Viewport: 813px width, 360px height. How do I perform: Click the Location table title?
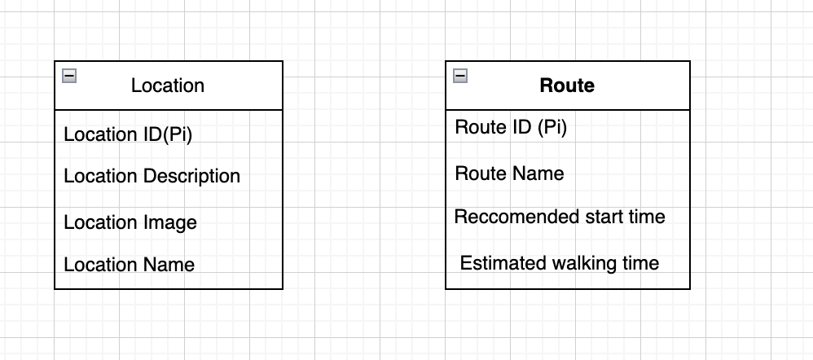coord(168,86)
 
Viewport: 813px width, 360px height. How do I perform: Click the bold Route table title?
coord(567,86)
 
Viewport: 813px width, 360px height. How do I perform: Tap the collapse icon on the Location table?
coord(70,76)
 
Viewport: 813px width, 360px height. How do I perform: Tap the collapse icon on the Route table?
coord(461,76)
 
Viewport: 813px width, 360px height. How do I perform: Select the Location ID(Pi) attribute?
coord(128,134)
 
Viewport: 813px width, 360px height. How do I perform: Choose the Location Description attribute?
coord(152,176)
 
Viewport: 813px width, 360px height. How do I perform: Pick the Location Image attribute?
coord(130,222)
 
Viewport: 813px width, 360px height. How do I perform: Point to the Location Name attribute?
coord(129,265)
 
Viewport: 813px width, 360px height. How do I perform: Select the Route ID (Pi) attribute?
coord(511,127)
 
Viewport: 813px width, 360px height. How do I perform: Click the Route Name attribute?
coord(509,173)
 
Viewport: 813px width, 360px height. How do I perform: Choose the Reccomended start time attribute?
coord(560,217)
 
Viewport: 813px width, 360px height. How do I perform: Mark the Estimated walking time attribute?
coord(560,263)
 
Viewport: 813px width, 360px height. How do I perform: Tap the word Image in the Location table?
coord(170,222)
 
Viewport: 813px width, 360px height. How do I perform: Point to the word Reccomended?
coord(506,217)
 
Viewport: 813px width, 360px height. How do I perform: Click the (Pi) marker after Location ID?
coord(178,134)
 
